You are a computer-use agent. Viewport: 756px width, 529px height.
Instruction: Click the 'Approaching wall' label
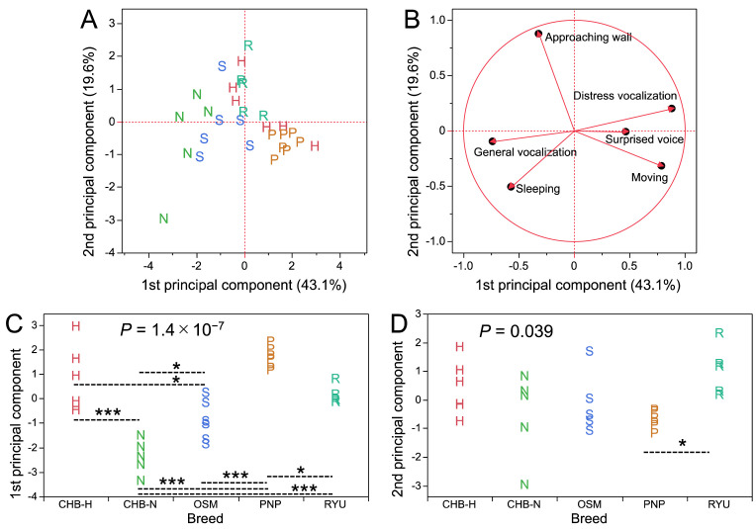pyautogui.click(x=591, y=38)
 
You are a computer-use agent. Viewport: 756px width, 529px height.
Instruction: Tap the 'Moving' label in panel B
pyautogui.click(x=649, y=178)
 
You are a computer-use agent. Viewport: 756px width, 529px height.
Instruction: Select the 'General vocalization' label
pyautogui.click(x=523, y=152)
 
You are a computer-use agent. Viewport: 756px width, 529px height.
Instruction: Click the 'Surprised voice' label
pyautogui.click(x=644, y=140)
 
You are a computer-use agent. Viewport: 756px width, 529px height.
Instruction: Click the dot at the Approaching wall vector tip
pyautogui.click(x=539, y=34)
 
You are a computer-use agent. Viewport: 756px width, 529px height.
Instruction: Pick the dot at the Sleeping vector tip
pyautogui.click(x=512, y=186)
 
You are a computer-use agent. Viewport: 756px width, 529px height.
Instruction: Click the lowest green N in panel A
pyautogui.click(x=163, y=219)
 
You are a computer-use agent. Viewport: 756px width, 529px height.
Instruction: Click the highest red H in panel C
pyautogui.click(x=75, y=326)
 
